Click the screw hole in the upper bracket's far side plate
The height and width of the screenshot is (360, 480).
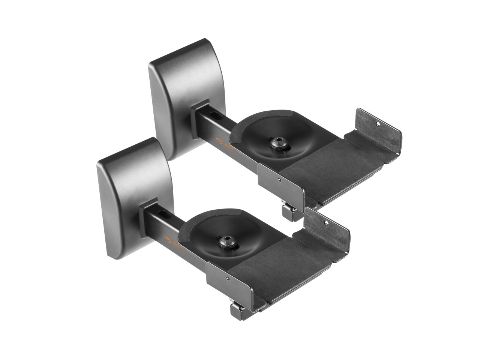pyautogui.click(x=378, y=123)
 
